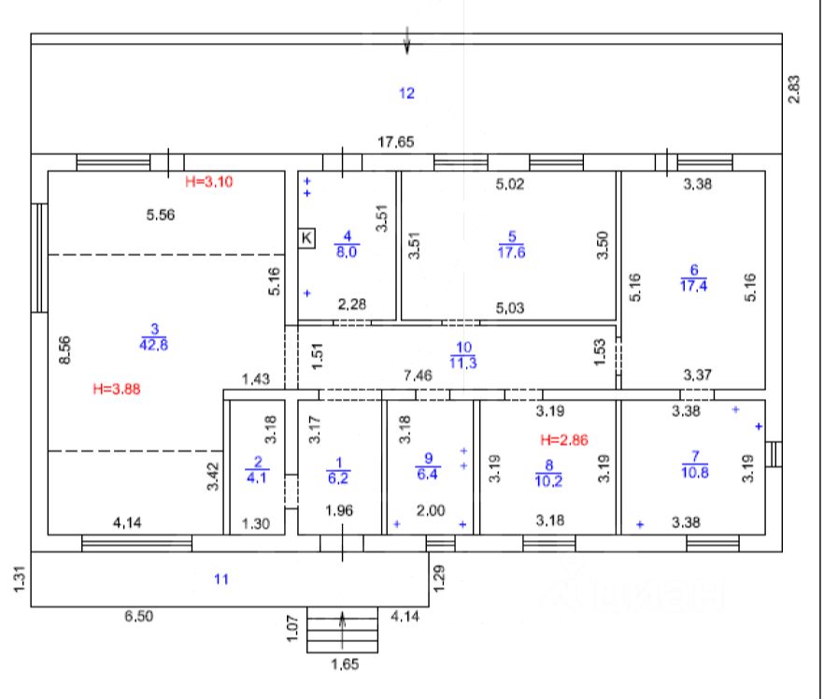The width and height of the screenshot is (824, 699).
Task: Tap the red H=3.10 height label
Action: point(207,181)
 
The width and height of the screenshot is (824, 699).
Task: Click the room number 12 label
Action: point(406,93)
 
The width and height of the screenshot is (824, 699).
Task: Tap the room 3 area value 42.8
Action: point(155,344)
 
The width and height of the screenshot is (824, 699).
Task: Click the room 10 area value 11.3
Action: point(464,363)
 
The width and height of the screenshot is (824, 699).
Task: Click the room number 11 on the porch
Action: point(220,579)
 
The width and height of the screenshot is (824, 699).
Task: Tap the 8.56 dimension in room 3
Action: point(65,350)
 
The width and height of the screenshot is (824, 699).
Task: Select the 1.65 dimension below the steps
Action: point(345,665)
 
